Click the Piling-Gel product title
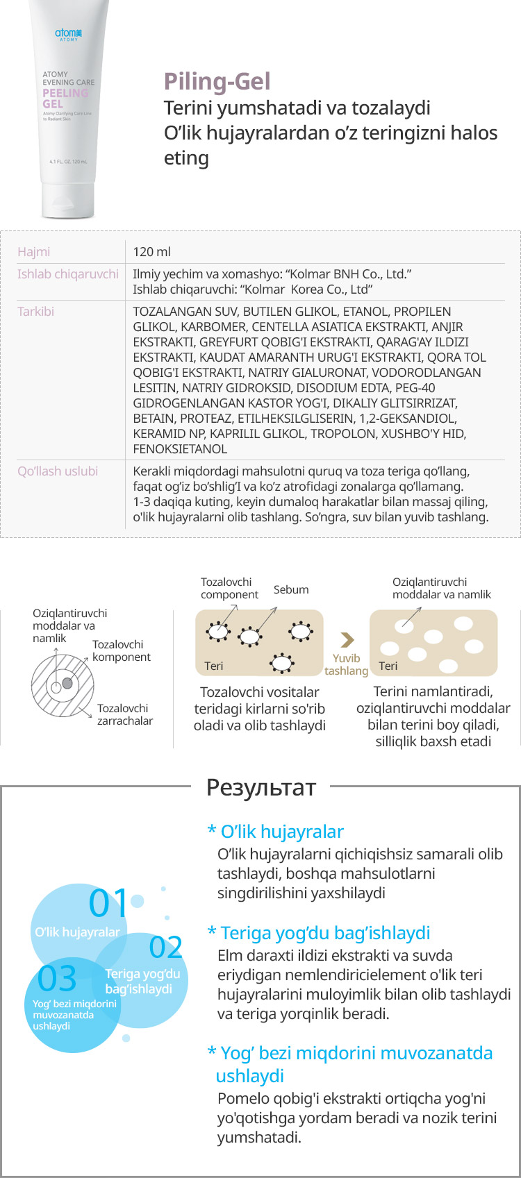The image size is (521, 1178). pos(217,82)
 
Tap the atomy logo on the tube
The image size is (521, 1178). pos(68,33)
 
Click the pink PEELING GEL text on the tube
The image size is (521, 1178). pos(65,98)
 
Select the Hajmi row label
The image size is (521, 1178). pos(34,252)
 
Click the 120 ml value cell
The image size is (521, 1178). pos(151,252)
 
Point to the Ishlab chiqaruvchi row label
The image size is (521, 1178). pos(67,274)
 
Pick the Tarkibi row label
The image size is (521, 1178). pos(35,312)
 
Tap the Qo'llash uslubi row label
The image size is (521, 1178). pos(58,471)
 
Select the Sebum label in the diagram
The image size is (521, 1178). pos(291,589)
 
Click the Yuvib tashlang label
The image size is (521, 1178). pos(346,664)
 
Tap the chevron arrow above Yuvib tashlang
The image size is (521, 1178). pos(347,639)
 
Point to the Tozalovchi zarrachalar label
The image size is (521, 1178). pos(124,714)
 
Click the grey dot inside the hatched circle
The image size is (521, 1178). pos(67,684)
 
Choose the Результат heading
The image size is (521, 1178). pos(260,786)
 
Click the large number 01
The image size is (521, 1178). pos(108,903)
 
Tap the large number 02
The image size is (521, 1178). pos(166,948)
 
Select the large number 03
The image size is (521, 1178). pos(57,978)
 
